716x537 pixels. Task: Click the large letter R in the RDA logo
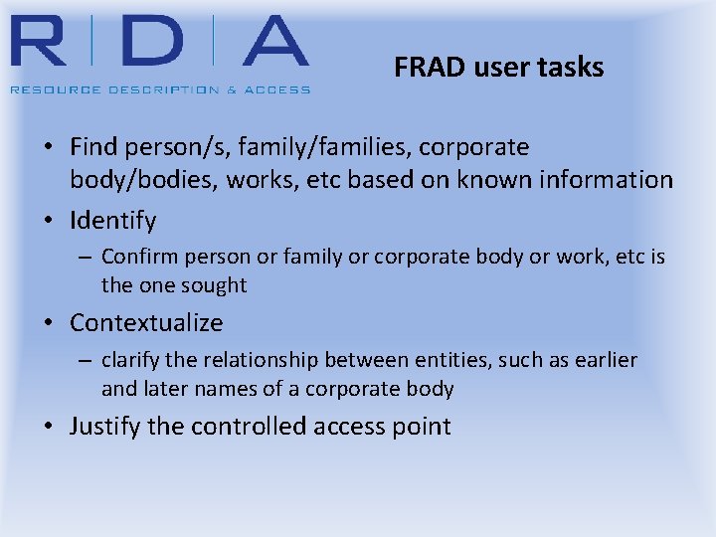[48, 44]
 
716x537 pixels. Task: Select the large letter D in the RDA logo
[148, 44]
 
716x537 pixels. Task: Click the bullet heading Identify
[112, 220]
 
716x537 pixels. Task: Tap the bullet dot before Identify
[49, 221]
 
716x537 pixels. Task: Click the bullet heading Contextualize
[146, 323]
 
